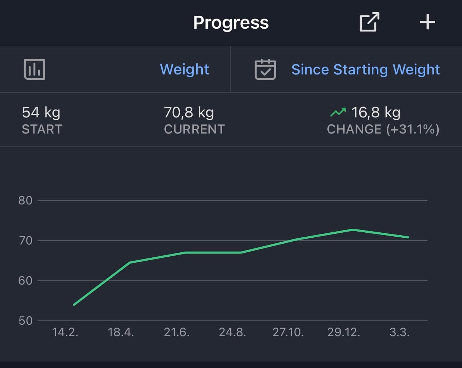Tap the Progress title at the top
coord(231,23)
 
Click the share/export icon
coord(369,22)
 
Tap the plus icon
coord(427,22)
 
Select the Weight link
coord(184,69)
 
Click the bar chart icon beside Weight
coord(34,69)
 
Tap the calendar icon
coord(265,69)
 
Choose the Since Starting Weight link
coord(365,69)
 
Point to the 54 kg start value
coord(41,112)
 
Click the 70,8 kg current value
coord(189,112)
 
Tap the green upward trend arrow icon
coord(338,112)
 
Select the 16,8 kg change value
coord(376,112)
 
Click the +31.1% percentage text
coord(413,129)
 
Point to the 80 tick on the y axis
coord(25,200)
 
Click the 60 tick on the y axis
coord(25,281)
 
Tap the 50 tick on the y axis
coord(25,321)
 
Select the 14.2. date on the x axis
coord(65,333)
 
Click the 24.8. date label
coord(232,333)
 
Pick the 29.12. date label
coord(343,333)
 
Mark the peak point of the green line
coord(352,229)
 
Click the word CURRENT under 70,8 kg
coord(194,129)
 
